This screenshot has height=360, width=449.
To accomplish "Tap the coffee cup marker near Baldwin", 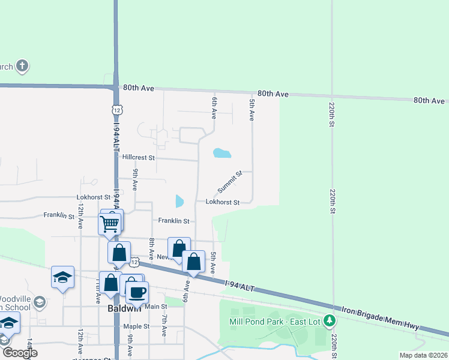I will (137, 292).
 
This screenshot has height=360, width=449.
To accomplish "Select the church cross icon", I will (22, 66).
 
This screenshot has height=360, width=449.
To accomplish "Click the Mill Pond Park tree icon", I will (329, 321).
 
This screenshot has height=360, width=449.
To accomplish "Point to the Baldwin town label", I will (124, 308).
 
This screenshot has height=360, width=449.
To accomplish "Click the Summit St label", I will (229, 181).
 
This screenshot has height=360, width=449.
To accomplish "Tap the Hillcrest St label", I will (138, 157).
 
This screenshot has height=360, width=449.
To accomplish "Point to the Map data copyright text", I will (423, 355).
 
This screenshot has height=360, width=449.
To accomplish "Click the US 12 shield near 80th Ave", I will (116, 109).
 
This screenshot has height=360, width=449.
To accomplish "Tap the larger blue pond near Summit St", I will (221, 153).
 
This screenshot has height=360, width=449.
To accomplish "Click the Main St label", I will (155, 307).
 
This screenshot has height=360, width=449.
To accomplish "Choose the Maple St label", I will (136, 326).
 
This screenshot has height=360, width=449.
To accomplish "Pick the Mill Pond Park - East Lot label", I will (276, 321).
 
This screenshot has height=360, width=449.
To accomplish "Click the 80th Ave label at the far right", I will (429, 101).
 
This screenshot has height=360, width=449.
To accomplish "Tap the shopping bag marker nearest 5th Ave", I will (193, 262).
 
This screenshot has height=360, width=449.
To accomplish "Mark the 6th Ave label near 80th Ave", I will (213, 107).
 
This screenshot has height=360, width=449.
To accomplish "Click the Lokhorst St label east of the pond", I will (223, 202).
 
